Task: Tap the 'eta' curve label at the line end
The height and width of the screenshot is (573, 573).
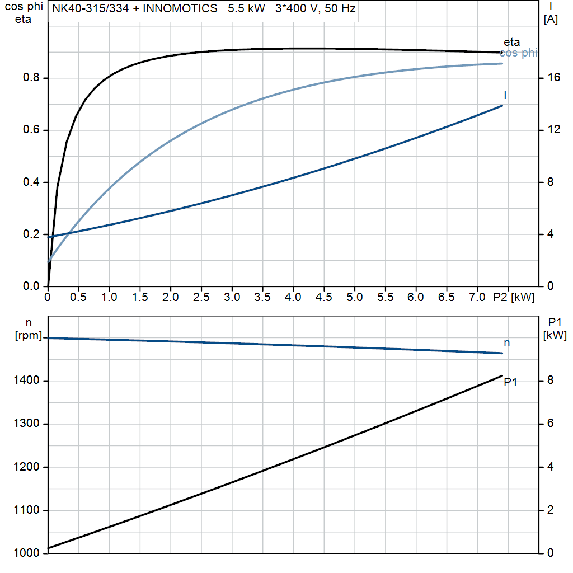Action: tap(511, 42)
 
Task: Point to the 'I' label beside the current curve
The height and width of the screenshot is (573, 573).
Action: tap(505, 95)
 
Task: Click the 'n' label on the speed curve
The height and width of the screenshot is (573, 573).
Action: tap(507, 342)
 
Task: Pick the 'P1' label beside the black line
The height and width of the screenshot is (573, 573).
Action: tap(510, 382)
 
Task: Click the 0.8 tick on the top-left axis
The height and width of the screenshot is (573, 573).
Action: tap(31, 78)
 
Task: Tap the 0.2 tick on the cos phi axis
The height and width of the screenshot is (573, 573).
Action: tap(31, 234)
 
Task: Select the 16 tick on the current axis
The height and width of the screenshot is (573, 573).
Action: tap(554, 78)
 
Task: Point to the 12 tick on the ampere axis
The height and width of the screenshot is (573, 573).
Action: tap(554, 130)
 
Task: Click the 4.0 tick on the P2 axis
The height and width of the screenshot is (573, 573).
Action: tap(293, 298)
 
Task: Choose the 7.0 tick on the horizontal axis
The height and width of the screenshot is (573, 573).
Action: tap(477, 298)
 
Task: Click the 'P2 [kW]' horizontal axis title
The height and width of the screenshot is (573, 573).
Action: tap(514, 298)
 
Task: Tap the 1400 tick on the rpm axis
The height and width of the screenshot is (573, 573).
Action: tap(27, 381)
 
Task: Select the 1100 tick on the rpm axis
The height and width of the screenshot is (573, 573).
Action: tap(27, 510)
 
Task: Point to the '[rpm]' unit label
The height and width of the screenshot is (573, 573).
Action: tap(29, 335)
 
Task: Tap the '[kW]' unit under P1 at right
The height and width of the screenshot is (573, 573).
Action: tap(555, 336)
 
